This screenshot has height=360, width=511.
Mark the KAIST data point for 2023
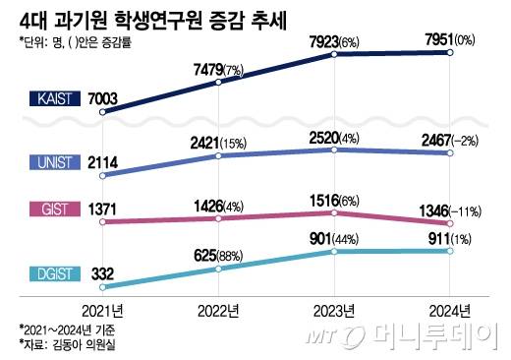pyautogui.click(x=336, y=55)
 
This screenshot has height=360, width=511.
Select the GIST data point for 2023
pyautogui.click(x=336, y=211)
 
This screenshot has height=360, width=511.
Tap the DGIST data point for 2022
pyautogui.click(x=219, y=271)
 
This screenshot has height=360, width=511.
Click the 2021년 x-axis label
pyautogui.click(x=103, y=310)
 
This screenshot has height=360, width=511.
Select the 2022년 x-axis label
pyautogui.click(x=218, y=310)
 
